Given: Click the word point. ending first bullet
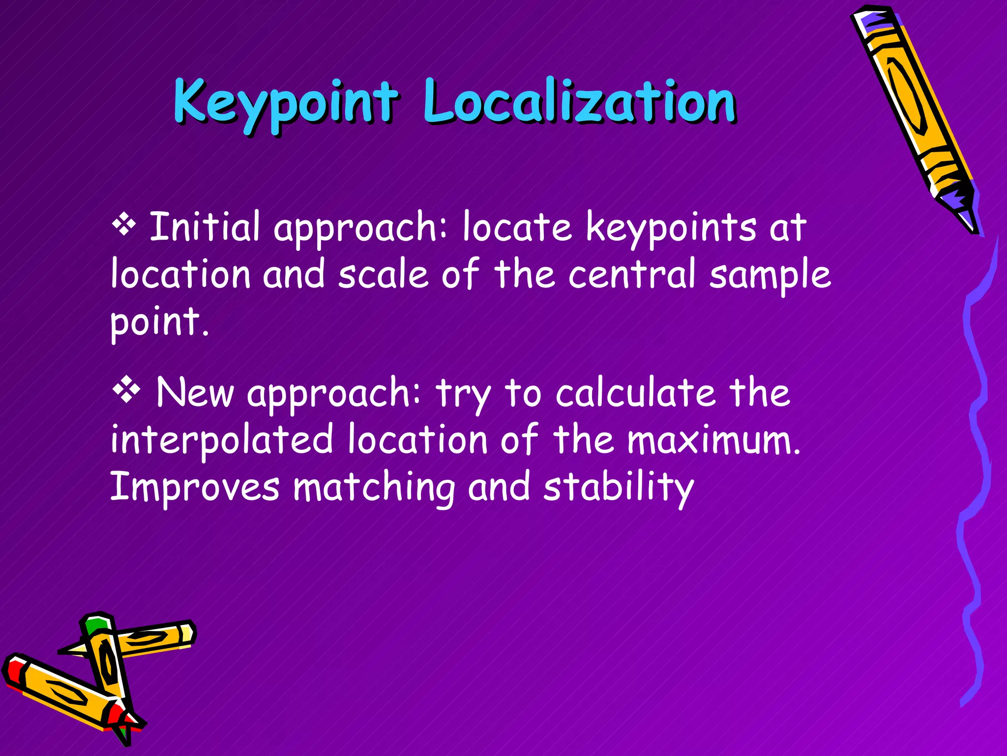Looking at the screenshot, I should [x=159, y=322].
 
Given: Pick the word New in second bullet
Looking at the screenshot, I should [x=195, y=392].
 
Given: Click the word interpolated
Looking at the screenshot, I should [x=222, y=440].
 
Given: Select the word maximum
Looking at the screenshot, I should [x=713, y=440].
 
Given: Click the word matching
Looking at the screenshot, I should [x=374, y=487].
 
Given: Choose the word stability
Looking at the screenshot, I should [x=618, y=487].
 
